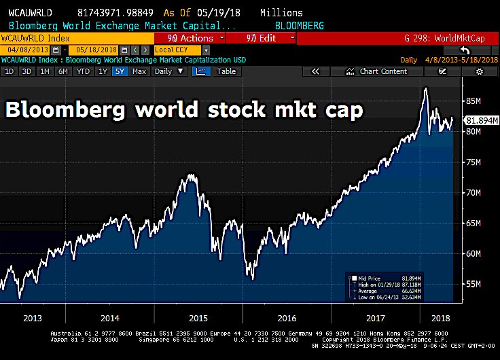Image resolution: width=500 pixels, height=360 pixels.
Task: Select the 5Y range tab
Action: [120, 71]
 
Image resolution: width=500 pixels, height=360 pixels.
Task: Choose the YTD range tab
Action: [84, 71]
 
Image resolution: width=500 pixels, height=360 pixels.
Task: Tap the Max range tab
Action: [139, 71]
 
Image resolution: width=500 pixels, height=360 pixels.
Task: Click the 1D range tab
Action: [10, 71]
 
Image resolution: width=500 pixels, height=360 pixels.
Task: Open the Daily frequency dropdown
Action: [167, 71]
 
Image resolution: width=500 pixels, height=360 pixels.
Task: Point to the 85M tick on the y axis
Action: [475, 102]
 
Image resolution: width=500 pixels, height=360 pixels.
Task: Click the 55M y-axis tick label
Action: [475, 284]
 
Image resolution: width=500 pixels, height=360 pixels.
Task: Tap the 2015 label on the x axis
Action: [198, 317]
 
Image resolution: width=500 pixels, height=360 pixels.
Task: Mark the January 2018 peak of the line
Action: [425, 88]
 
